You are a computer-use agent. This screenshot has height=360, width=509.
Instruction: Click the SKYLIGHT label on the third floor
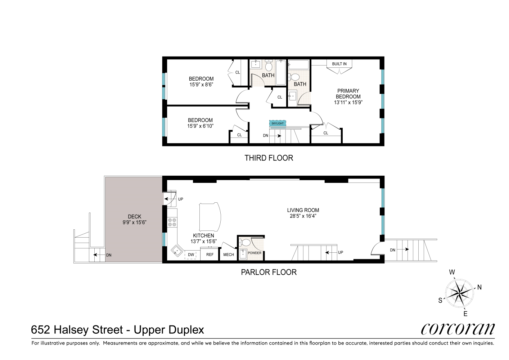coord(278,123)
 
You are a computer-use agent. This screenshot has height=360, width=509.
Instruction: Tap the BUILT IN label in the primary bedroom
coord(339,64)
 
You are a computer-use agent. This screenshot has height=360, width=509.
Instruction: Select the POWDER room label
coord(255,253)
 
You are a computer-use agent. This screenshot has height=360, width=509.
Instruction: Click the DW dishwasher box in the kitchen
coord(191,255)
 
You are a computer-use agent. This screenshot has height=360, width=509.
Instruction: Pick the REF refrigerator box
coord(210,255)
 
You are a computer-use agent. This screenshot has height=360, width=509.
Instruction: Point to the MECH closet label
coord(229,255)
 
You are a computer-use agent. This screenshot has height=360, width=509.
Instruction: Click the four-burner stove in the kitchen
coord(171,222)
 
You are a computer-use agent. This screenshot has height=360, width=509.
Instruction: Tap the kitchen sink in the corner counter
coord(176,251)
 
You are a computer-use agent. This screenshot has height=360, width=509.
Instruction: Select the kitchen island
coord(210,217)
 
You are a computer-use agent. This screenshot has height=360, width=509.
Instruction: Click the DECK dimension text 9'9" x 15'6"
coord(134,222)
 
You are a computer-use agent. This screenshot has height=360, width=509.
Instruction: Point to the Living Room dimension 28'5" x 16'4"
coord(303,216)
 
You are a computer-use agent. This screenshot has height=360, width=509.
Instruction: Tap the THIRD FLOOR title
coord(269,158)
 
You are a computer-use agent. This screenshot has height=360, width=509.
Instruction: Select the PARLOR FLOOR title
coord(269,272)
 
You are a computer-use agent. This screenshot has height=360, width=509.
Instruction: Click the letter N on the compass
coord(479,287)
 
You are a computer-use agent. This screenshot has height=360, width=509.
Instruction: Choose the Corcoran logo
coord(458,329)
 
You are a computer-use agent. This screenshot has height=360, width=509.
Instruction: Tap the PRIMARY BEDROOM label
coord(348,94)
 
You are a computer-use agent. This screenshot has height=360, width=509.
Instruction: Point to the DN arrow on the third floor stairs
coord(276,136)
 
